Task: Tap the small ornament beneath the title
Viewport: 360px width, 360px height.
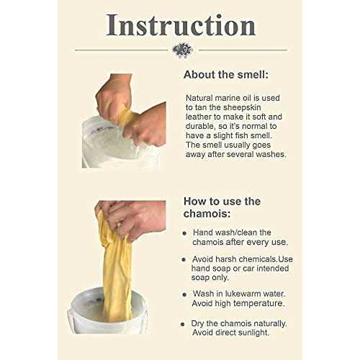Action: [x=182, y=50]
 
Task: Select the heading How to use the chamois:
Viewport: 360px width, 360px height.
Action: [x=222, y=207]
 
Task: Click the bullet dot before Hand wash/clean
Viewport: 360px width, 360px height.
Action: [x=185, y=233]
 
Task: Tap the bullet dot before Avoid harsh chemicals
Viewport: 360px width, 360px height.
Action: [x=185, y=257]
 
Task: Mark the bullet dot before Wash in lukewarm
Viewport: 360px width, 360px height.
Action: [x=185, y=294]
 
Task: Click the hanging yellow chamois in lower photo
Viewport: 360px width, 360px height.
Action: [x=117, y=274]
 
